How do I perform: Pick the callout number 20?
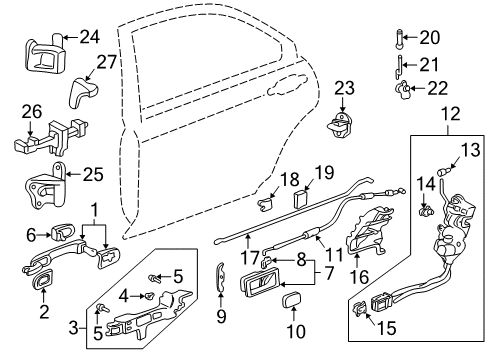(429, 38)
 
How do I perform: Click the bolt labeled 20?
(401, 39)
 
